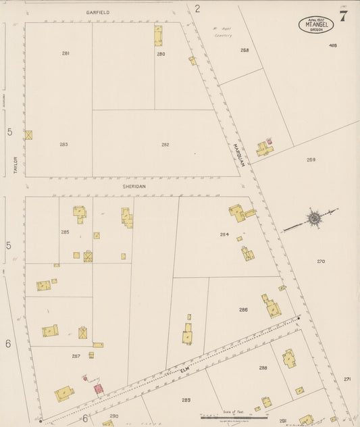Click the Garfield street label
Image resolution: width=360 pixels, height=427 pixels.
coord(97,13)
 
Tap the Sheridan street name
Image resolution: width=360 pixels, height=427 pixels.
coord(134,186)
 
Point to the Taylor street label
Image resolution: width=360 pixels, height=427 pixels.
coord(14,166)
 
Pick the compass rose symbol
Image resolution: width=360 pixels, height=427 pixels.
coord(313,219)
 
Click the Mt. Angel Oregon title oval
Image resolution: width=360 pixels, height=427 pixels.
coord(315,25)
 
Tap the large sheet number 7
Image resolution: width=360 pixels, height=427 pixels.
coord(343,17)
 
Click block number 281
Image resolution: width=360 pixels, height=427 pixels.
coord(66,53)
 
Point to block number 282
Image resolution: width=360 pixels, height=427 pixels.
coord(165,144)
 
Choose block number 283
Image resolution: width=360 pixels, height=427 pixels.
coord(63,144)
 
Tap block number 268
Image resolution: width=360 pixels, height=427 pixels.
coord(244,50)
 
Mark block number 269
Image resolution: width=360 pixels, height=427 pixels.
coord(311,159)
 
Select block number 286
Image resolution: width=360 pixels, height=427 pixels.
coord(242,309)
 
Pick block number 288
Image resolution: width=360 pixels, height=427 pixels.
coord(263,368)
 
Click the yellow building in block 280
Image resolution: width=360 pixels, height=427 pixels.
coord(157,35)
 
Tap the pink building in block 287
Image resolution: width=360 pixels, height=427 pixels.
coord(98,390)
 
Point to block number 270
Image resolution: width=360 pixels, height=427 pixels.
coord(320,261)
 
